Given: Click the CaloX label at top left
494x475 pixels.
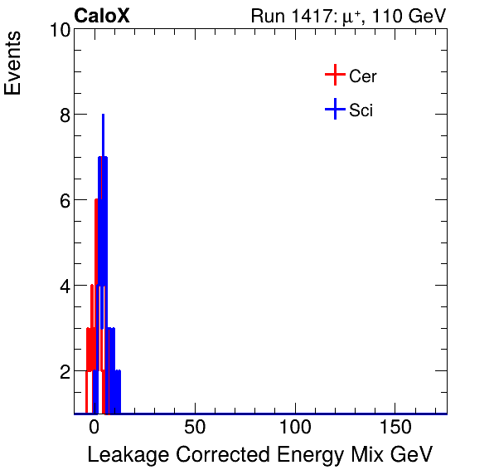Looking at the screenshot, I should (x=102, y=16).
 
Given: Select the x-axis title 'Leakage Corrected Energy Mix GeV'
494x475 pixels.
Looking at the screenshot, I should (x=259, y=455).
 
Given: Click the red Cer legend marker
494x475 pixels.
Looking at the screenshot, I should (x=335, y=76).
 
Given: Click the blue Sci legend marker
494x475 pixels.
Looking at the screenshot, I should (x=335, y=110).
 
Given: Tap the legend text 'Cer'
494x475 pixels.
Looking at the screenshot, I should (x=363, y=76).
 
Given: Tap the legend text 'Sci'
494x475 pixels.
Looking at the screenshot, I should (x=361, y=110).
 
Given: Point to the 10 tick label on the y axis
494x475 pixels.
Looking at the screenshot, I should (x=58, y=30).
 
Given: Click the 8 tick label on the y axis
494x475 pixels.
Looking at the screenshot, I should (x=63, y=115).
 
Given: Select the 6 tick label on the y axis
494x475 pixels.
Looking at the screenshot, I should (x=63, y=200).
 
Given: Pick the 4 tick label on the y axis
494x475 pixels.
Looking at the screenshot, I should (x=63, y=286).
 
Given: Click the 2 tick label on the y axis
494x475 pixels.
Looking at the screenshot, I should (x=63, y=371).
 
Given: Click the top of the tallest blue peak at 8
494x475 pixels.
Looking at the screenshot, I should (x=103, y=115).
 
